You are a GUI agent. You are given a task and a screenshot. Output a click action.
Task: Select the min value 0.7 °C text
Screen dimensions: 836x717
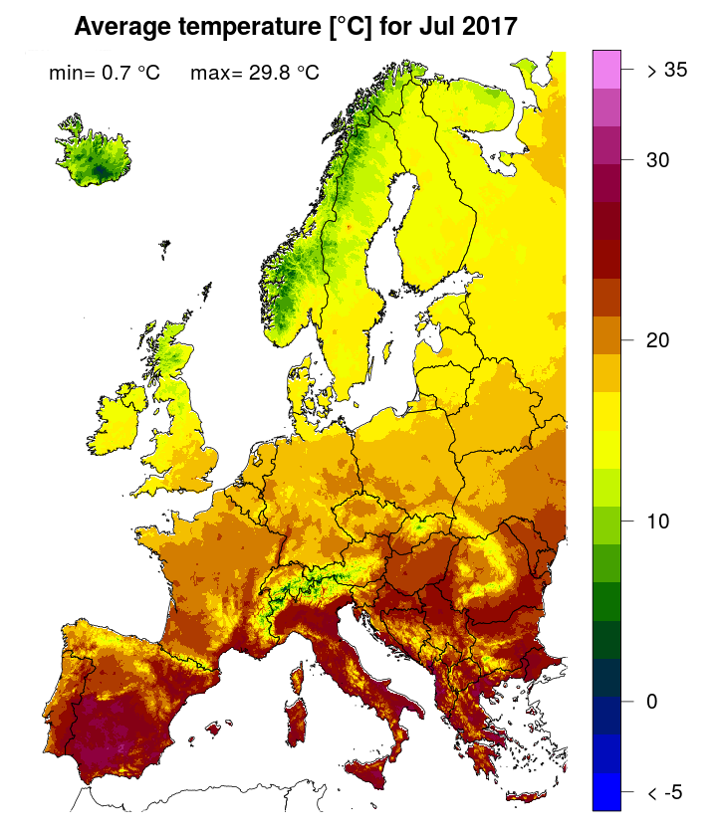point(105,73)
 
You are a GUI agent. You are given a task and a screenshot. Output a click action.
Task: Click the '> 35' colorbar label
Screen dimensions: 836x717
point(666,71)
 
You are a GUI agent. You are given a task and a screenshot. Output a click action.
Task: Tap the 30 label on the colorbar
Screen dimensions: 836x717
point(657,160)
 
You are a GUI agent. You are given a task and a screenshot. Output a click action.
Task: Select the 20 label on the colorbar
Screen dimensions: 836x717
point(657,340)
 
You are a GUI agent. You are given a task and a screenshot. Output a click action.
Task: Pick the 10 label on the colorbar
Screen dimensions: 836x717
point(657,521)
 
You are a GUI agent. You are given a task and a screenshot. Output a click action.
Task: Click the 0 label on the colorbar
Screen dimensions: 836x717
point(651,701)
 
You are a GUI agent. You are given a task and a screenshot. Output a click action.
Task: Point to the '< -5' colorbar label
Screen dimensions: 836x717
point(664,792)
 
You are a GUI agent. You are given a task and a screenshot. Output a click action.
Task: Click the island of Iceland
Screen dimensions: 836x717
point(95,159)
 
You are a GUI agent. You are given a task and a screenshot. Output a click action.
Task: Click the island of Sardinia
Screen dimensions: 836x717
point(296,720)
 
